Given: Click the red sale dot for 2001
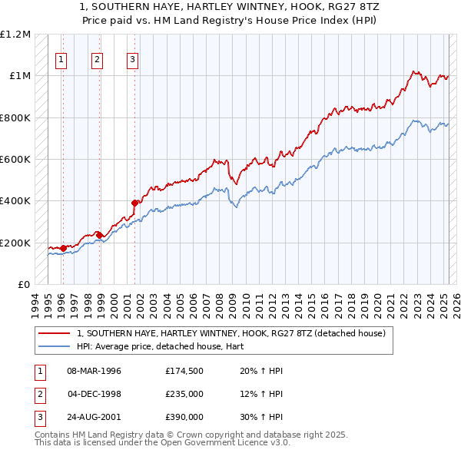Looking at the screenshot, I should [x=135, y=203].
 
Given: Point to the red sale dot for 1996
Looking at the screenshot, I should [x=63, y=248].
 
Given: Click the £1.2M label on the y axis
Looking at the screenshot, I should [x=16, y=35].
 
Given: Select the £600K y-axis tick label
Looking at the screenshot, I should [x=16, y=160].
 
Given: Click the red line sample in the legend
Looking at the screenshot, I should [x=54, y=332].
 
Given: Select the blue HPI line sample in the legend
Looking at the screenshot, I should [x=54, y=346].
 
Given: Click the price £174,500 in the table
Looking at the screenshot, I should [x=184, y=371].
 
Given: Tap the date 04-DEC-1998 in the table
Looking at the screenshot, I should [x=95, y=394].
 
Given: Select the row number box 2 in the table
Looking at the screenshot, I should [x=38, y=394].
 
